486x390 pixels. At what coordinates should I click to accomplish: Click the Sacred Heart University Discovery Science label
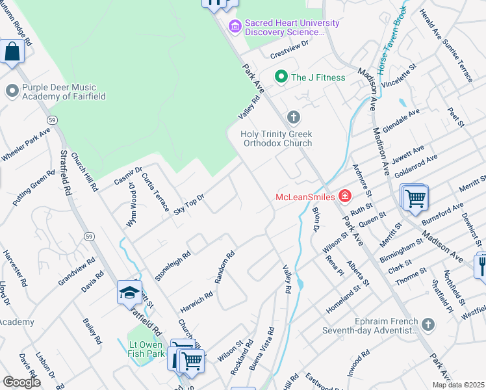point(292,27)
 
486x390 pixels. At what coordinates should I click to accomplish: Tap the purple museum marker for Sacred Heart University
point(235,27)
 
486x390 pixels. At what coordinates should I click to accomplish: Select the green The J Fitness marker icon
point(281,77)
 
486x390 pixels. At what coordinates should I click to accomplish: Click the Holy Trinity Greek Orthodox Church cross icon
point(294,118)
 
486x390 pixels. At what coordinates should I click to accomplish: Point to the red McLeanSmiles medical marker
point(344,196)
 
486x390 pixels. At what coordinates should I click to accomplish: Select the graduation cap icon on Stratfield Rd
point(130,293)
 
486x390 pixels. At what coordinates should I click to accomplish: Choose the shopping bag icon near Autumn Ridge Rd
point(12,51)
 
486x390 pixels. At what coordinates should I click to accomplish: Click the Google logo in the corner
point(21,382)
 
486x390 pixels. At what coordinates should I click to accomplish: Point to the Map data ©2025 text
point(457,385)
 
